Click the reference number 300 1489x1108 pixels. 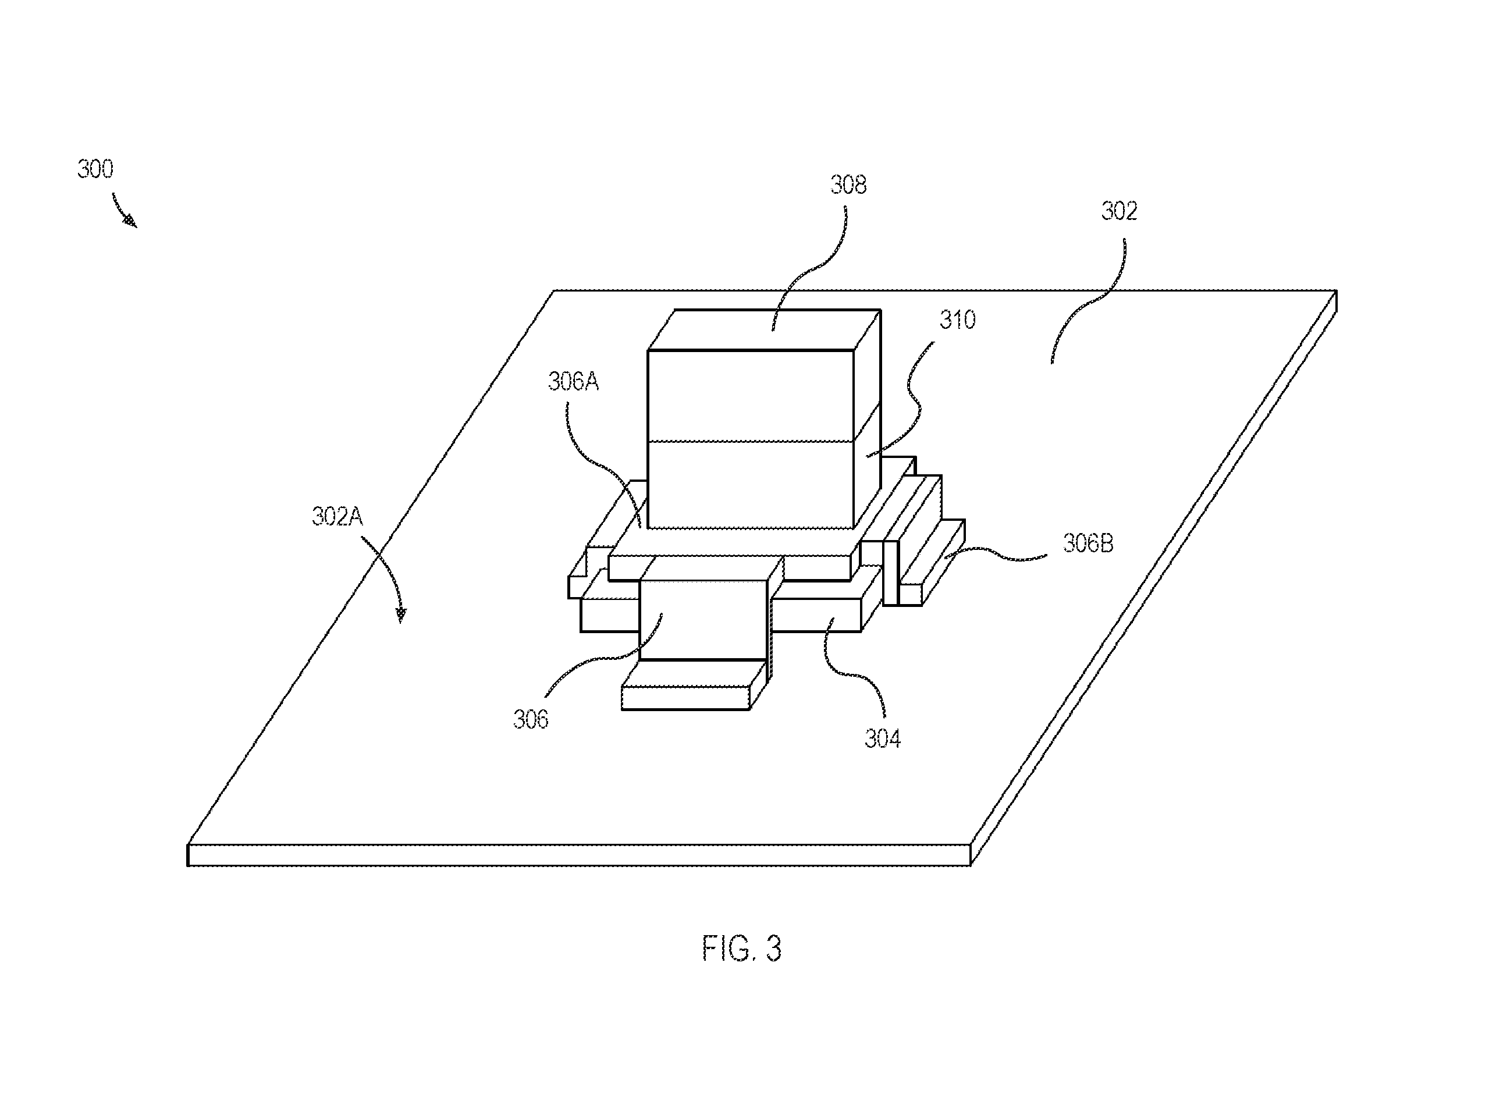click(95, 169)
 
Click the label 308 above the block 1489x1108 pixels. click(848, 184)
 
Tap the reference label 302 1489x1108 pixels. click(1120, 211)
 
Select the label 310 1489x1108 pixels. click(957, 320)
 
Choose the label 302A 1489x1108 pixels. click(337, 516)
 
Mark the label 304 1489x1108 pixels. click(883, 738)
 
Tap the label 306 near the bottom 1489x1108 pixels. click(531, 720)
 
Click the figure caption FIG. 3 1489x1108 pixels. click(742, 949)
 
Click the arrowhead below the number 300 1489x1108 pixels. click(130, 221)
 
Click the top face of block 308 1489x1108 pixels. click(764, 329)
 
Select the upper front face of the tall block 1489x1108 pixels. click(751, 396)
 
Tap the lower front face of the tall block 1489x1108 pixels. click(751, 484)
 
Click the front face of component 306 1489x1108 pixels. click(703, 620)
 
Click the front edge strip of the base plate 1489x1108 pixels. click(579, 855)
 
